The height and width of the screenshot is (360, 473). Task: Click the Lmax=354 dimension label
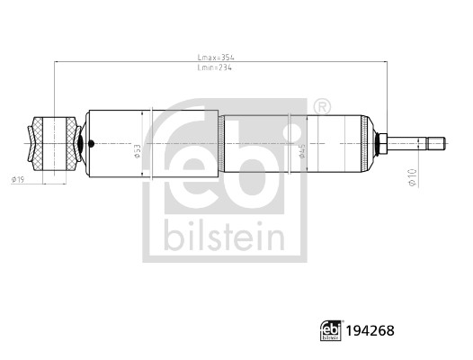(x=216, y=57)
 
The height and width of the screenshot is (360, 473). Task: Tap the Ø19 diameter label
(x=18, y=182)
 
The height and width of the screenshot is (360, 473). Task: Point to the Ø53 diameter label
(x=138, y=150)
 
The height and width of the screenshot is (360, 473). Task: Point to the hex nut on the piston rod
(x=382, y=143)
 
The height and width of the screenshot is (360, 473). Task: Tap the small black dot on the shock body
(x=90, y=143)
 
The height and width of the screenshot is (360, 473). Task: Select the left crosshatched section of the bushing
(x=40, y=143)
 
